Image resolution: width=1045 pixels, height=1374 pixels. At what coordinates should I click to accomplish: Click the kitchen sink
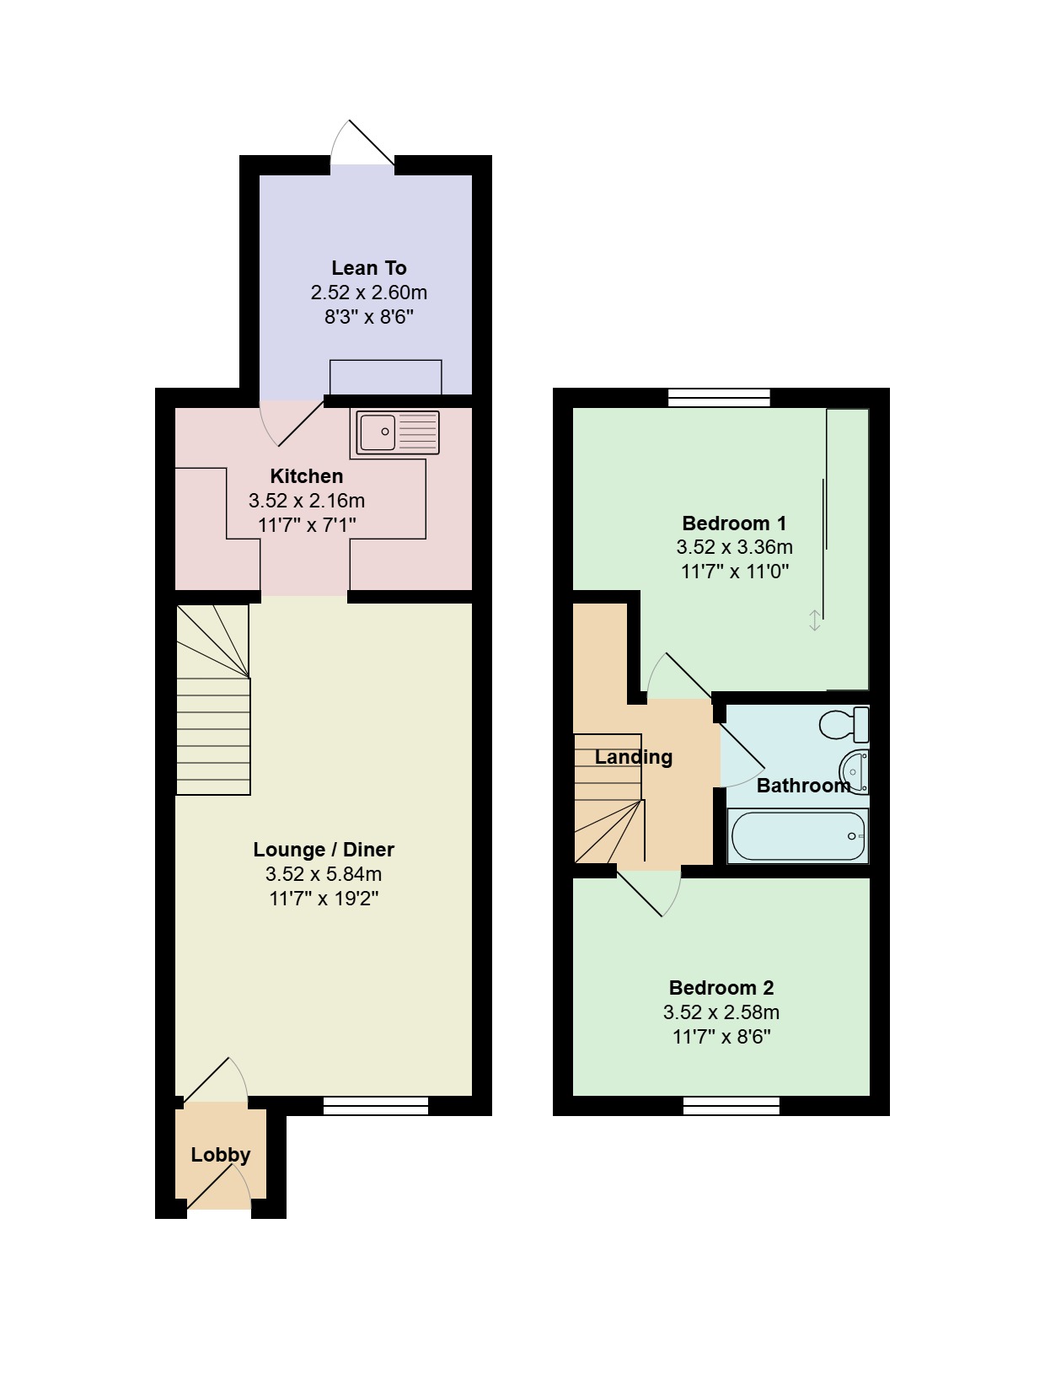397,432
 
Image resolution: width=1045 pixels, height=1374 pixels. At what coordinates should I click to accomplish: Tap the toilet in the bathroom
844,723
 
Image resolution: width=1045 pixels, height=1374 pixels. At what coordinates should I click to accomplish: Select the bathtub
797,835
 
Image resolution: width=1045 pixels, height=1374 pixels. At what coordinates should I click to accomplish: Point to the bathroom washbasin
855,771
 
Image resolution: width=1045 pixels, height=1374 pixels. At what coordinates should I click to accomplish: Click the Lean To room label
369,268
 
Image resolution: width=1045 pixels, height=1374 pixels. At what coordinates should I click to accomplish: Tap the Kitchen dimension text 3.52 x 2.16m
307,501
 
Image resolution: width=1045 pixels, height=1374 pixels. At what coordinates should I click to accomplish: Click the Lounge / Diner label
324,850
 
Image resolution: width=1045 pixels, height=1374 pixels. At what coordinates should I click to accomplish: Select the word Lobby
220,1154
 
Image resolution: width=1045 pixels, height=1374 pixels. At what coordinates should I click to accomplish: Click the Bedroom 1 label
734,523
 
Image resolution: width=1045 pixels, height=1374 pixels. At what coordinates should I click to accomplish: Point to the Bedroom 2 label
721,988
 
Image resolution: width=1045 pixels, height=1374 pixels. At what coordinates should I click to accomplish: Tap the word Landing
633,758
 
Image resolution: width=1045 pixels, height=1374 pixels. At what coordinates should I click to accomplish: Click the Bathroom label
803,786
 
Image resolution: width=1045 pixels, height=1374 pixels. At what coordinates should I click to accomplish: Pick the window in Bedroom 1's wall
719,398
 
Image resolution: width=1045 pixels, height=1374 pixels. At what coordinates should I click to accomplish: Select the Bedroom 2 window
731,1107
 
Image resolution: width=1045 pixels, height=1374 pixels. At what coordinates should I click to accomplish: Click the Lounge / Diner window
376,1107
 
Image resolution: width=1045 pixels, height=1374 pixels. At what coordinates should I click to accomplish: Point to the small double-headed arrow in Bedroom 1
814,620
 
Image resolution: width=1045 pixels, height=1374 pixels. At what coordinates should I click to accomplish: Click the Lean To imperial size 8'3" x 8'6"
369,317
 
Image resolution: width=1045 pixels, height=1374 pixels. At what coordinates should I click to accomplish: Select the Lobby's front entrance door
218,1185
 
